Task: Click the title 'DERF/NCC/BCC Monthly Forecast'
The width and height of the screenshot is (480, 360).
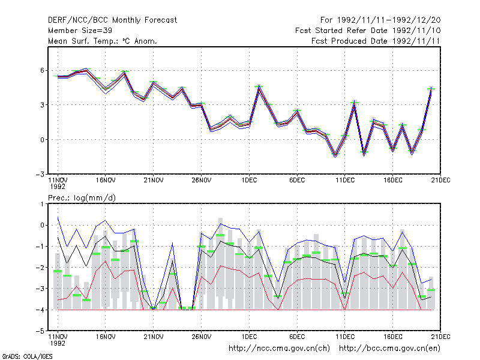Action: click(112, 20)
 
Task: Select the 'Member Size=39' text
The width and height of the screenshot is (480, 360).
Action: click(80, 31)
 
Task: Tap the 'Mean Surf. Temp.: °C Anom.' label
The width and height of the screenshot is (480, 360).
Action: click(102, 41)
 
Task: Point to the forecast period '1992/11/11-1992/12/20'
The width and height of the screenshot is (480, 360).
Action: click(389, 20)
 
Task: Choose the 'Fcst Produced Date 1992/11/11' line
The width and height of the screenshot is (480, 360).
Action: click(376, 41)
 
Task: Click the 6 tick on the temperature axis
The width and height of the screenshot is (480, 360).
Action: click(42, 70)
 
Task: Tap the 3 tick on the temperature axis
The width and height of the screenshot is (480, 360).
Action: click(42, 105)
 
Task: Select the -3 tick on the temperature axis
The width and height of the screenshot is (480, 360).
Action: click(40, 174)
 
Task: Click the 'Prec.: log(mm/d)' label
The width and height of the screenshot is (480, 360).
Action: click(82, 198)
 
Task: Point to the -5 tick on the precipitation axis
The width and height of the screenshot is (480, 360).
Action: click(40, 331)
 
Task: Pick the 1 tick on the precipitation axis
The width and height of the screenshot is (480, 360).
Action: click(42, 204)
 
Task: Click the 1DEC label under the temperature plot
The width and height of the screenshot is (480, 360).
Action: click(249, 181)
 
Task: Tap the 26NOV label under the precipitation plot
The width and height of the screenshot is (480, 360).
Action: click(202, 337)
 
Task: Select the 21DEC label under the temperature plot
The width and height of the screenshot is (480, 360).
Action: click(440, 181)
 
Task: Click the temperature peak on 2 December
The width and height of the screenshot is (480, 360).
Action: click(259, 86)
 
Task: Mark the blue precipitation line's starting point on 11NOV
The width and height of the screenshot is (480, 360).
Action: click(58, 218)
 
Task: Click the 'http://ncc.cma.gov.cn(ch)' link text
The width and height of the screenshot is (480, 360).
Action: click(279, 349)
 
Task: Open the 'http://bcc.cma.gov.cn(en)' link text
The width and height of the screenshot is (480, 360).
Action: click(389, 349)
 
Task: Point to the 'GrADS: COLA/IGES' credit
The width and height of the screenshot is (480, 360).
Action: click(27, 356)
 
